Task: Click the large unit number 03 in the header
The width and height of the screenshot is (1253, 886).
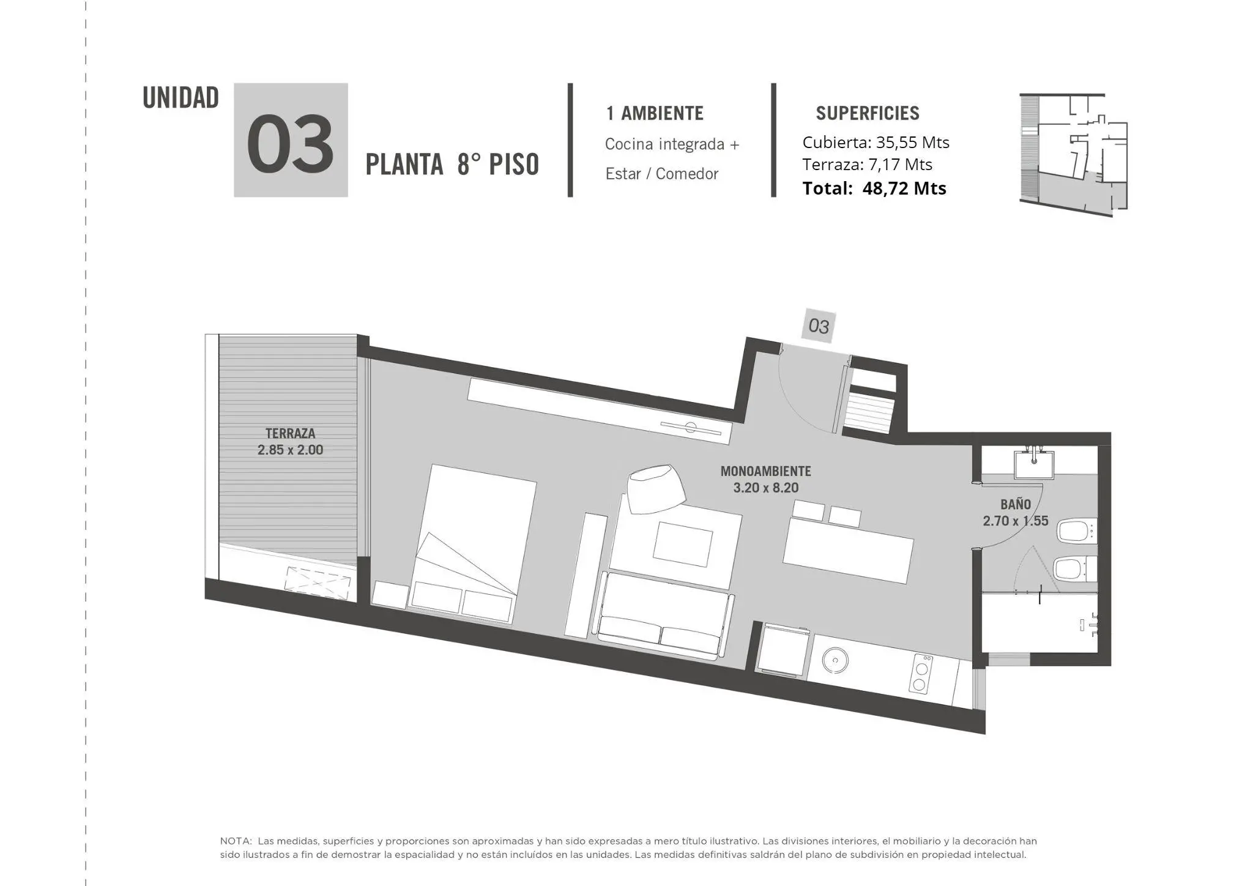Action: click(x=291, y=144)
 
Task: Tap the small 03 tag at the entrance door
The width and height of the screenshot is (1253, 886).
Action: click(x=819, y=326)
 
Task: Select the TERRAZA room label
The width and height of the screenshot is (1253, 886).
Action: click(x=290, y=433)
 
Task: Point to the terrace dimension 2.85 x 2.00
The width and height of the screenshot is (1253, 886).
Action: click(x=290, y=450)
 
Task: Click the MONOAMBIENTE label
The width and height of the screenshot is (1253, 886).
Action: click(x=765, y=471)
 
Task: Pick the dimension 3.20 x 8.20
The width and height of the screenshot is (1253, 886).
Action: click(x=765, y=488)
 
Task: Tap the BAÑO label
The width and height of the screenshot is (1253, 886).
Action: click(x=1016, y=504)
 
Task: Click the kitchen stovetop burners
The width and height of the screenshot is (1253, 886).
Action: click(x=921, y=673)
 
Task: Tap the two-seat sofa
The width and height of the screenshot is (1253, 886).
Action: click(x=664, y=616)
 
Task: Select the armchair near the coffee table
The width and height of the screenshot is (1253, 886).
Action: click(x=655, y=488)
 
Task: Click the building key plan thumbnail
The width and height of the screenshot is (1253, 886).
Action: click(x=1073, y=155)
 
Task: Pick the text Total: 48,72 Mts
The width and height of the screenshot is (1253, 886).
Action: click(x=874, y=188)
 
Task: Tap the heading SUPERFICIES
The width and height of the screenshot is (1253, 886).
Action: click(x=868, y=113)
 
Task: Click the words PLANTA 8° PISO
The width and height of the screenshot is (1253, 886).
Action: click(x=452, y=164)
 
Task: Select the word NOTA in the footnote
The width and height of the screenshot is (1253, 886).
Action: click(x=235, y=841)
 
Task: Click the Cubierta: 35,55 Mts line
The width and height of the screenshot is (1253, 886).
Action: click(x=876, y=143)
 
